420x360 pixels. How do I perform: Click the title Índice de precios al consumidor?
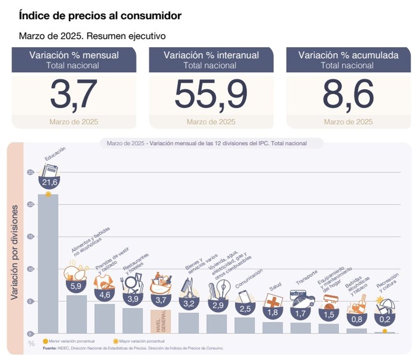coord(100,16)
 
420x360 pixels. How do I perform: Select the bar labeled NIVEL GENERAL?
coord(160,321)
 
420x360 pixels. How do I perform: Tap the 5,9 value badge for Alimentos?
coord(76,286)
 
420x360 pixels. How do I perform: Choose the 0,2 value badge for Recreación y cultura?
coord(384,319)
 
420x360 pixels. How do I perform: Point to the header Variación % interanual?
coord(211,55)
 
